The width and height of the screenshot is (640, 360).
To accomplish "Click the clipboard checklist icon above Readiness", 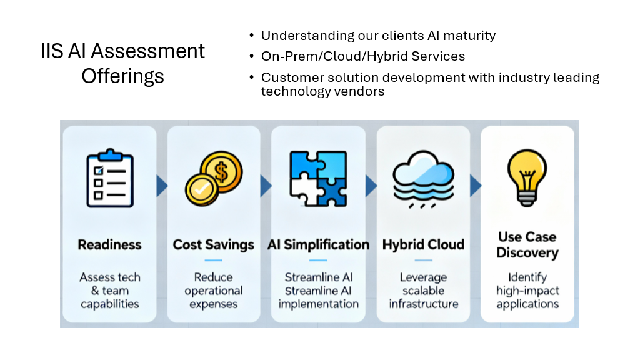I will [x=109, y=177].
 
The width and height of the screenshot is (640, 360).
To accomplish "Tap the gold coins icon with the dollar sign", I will [x=213, y=179].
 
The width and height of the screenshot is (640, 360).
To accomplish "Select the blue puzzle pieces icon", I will [x=319, y=179].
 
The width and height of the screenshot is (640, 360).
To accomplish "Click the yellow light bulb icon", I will [x=527, y=177].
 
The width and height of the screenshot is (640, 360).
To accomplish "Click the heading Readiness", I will [x=109, y=244].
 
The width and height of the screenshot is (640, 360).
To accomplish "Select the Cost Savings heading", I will [x=213, y=244].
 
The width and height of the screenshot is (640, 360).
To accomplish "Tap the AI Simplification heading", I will [x=318, y=244].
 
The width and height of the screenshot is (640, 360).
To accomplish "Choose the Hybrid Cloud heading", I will [x=423, y=244].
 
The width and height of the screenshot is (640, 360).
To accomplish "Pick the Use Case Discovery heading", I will [x=527, y=245].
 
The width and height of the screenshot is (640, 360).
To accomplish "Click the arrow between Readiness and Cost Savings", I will [x=162, y=186].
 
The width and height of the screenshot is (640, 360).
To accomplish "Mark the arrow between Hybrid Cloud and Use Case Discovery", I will [x=475, y=186].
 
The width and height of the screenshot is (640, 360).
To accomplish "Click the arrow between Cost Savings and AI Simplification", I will [x=266, y=186].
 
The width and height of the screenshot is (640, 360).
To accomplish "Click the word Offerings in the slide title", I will [x=122, y=76].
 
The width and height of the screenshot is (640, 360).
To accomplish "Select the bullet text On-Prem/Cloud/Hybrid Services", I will [x=362, y=56].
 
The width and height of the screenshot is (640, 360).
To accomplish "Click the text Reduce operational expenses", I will [x=213, y=291].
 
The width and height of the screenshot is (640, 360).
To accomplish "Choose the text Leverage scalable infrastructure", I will [x=423, y=291].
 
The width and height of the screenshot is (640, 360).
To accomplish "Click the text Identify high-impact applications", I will [x=527, y=291].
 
